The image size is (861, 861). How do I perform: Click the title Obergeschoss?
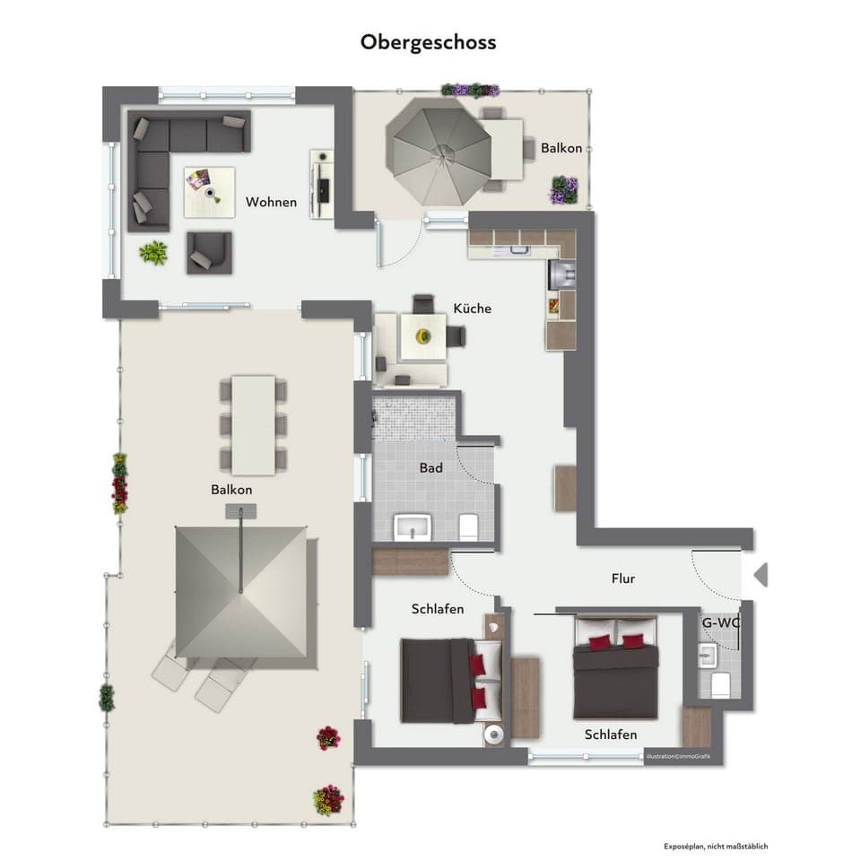click(x=428, y=42)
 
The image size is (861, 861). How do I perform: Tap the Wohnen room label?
click(x=271, y=202)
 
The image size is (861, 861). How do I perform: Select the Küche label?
click(x=472, y=309)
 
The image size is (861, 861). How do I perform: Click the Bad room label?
click(x=431, y=468)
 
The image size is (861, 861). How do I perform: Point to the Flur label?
click(x=622, y=578)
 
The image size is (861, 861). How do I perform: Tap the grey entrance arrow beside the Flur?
click(x=761, y=574)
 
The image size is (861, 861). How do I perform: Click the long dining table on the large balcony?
click(x=253, y=424)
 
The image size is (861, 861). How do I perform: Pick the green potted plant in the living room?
click(x=153, y=252)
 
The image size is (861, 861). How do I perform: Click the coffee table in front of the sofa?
click(x=210, y=192)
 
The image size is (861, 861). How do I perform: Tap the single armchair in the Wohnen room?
click(x=209, y=252)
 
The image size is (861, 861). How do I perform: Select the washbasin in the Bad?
click(x=413, y=526)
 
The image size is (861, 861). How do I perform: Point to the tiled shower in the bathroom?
click(x=413, y=418)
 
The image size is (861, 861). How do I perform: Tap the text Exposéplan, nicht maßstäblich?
click(x=716, y=846)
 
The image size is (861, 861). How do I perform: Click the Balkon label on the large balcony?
click(x=231, y=490)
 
